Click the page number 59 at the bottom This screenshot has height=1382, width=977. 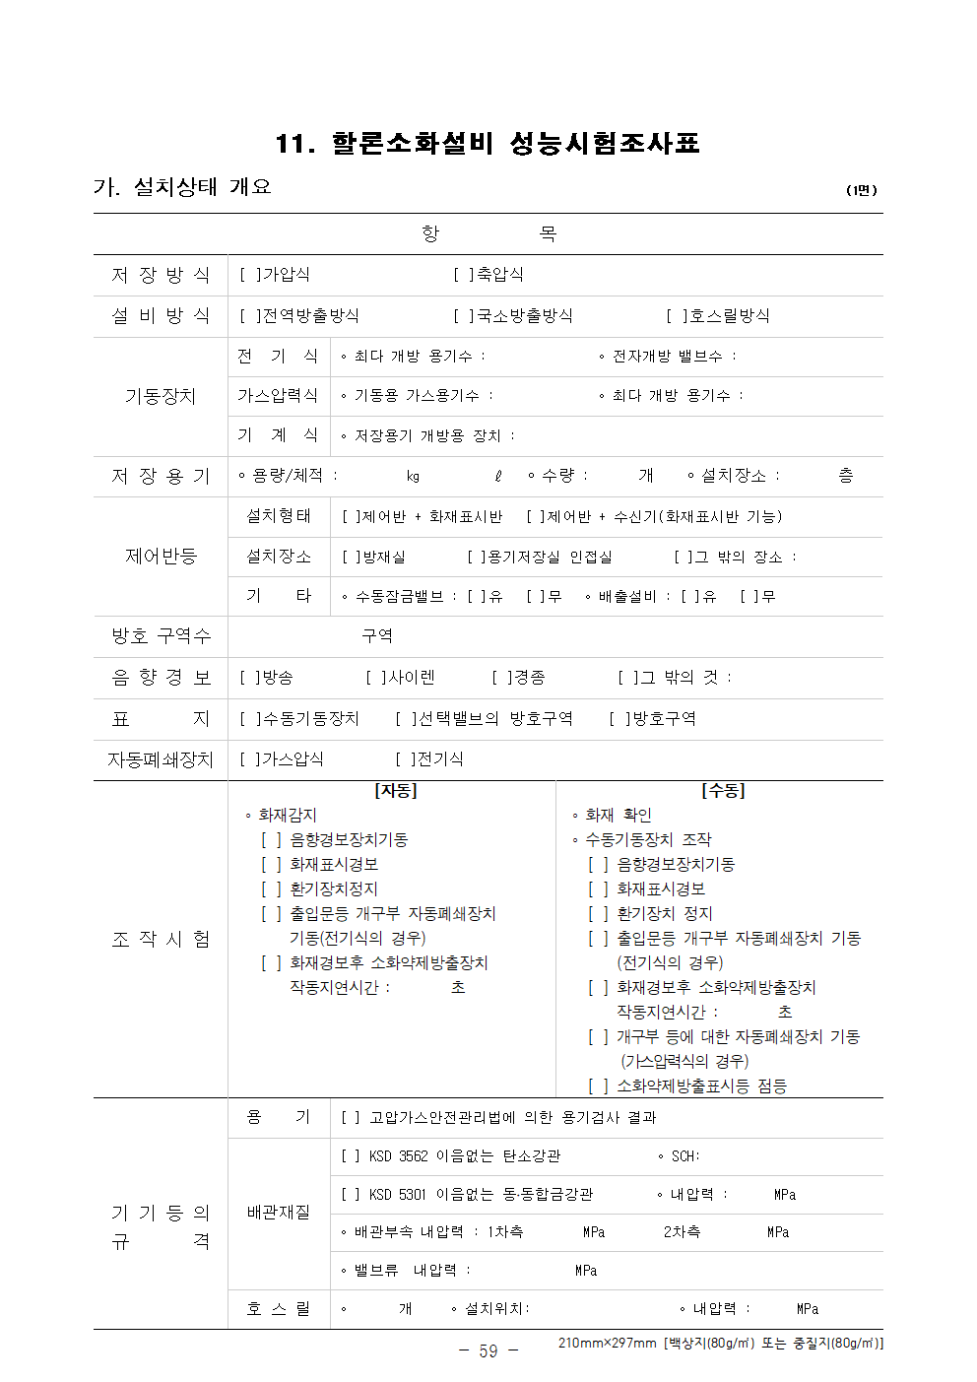488,1350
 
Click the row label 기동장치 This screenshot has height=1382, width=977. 161,396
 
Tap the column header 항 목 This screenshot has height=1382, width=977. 488,233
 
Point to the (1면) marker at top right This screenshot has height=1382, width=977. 861,190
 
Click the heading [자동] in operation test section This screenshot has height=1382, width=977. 396,791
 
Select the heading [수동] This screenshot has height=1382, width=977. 723,791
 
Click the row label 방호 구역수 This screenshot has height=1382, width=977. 161,636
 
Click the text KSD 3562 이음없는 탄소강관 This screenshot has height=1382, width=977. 464,1156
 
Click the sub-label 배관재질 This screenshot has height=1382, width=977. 278,1213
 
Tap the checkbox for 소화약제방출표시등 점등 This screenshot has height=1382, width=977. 598,1086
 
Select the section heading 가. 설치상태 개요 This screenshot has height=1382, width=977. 182,187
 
